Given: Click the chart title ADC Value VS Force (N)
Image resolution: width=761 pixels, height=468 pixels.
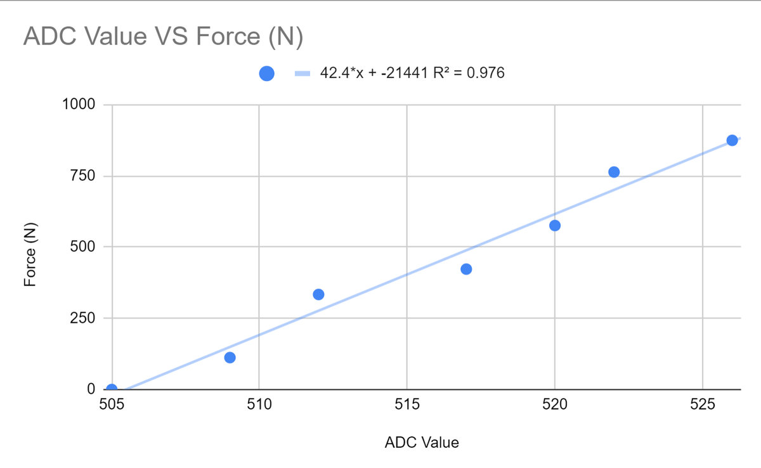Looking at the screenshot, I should point(163,37).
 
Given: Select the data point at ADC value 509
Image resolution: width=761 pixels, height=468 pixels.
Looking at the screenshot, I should point(230,358).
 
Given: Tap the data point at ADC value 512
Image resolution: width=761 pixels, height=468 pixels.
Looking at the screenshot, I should point(318,294).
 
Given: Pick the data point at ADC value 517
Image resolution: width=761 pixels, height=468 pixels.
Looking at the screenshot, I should point(466,269).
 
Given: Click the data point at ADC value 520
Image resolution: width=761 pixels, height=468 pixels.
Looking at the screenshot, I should point(555,225).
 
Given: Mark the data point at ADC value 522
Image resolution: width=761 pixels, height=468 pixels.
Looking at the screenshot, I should point(614,172).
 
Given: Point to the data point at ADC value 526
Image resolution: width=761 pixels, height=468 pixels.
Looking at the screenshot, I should point(732,140).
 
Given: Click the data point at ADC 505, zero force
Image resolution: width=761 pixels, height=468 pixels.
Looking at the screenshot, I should point(112,389).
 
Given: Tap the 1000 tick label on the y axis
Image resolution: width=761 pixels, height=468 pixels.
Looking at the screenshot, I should point(78,105).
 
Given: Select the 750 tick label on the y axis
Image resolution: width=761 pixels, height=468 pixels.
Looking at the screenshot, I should point(82,176).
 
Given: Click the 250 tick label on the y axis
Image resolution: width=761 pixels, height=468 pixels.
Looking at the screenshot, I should point(82,318).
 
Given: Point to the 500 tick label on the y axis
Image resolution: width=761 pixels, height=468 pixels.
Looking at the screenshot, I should point(82,247).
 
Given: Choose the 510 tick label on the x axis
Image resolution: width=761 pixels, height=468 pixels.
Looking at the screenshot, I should point(259,404).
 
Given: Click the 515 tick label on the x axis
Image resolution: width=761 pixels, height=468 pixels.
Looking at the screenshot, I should point(407,404).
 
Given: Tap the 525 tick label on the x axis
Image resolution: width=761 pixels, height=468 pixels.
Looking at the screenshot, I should point(703,404).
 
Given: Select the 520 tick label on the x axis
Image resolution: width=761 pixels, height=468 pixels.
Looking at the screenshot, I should point(555,404).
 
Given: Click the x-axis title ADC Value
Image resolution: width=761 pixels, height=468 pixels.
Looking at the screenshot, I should point(421,442).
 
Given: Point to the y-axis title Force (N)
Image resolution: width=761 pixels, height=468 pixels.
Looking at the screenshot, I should point(30,254).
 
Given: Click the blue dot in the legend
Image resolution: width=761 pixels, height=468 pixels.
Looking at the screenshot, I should point(266,74).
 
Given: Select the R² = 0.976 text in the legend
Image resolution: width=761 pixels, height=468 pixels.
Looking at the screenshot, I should point(466,74).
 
